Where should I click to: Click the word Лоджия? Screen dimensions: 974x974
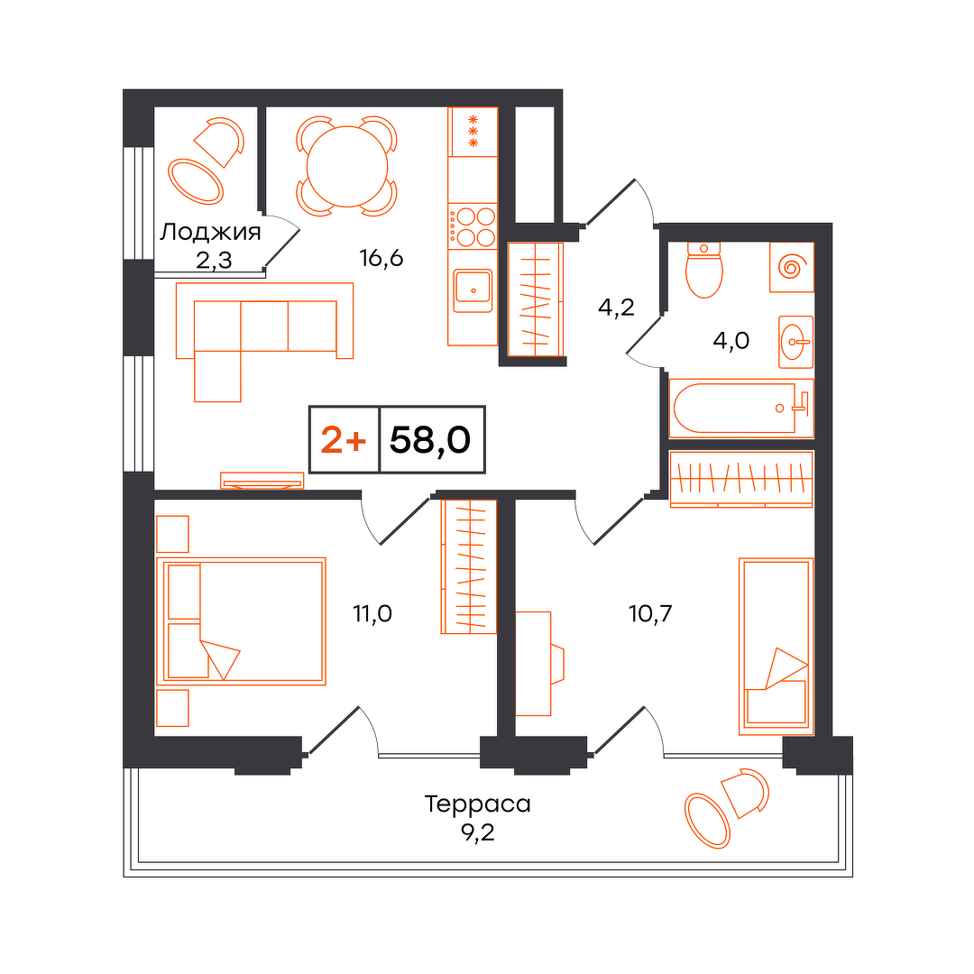(x=210, y=233)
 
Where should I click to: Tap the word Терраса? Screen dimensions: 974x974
(x=478, y=804)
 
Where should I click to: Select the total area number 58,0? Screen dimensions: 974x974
(x=430, y=440)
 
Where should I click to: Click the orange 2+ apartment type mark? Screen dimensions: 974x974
(x=344, y=440)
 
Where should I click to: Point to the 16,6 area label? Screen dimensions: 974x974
(x=381, y=257)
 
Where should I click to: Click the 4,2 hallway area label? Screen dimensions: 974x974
(x=616, y=307)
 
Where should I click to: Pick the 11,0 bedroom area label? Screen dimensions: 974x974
(x=372, y=614)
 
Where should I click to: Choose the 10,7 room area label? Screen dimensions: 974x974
(x=650, y=614)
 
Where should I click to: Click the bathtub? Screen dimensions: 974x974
(x=741, y=409)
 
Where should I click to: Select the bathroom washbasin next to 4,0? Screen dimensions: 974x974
(x=795, y=342)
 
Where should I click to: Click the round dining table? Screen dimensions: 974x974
(x=347, y=167)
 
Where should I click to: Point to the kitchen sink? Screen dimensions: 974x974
(x=473, y=290)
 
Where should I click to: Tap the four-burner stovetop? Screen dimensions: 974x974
(x=473, y=226)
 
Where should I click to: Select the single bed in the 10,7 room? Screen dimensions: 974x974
(x=776, y=646)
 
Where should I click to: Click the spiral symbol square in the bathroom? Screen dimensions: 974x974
(x=792, y=267)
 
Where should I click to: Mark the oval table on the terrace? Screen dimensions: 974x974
(x=707, y=822)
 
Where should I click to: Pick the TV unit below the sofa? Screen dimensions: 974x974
(x=262, y=480)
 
